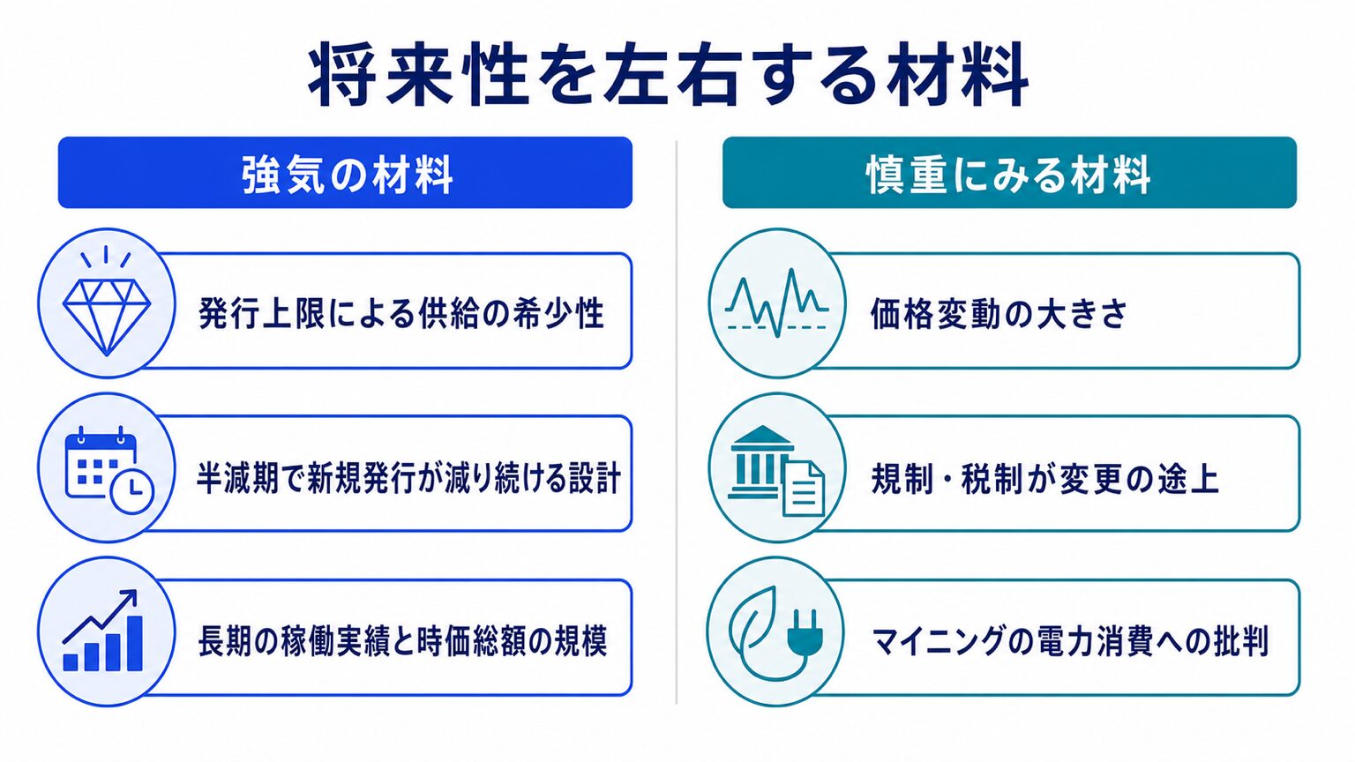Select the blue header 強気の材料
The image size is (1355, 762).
tap(346, 173)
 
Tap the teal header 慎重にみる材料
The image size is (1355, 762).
tap(1009, 173)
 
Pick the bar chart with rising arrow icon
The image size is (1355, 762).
tap(103, 631)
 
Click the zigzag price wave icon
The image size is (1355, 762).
tap(776, 303)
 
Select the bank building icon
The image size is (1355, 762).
tap(761, 462)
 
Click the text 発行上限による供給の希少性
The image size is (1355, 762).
tap(401, 313)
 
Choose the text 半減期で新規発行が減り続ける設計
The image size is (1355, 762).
tap(409, 478)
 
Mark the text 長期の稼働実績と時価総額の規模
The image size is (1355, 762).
tap(402, 641)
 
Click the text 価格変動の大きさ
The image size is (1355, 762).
tap(999, 314)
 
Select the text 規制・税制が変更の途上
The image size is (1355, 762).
tap(1044, 478)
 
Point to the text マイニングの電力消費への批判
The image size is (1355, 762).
tap(1069, 642)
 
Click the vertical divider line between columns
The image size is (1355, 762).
tap(677, 422)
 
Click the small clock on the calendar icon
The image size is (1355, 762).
tap(132, 492)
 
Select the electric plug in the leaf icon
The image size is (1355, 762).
tap(805, 633)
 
